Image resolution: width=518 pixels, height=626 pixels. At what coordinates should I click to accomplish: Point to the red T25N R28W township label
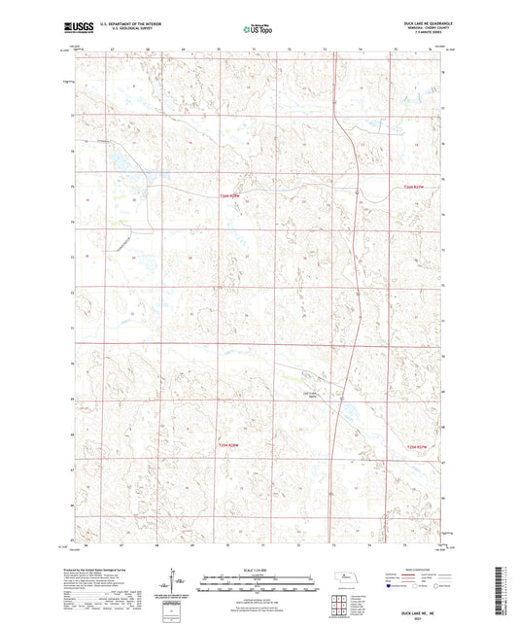[x=230, y=445]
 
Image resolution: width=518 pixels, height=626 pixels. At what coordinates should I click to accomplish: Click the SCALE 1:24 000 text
[x=259, y=569]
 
